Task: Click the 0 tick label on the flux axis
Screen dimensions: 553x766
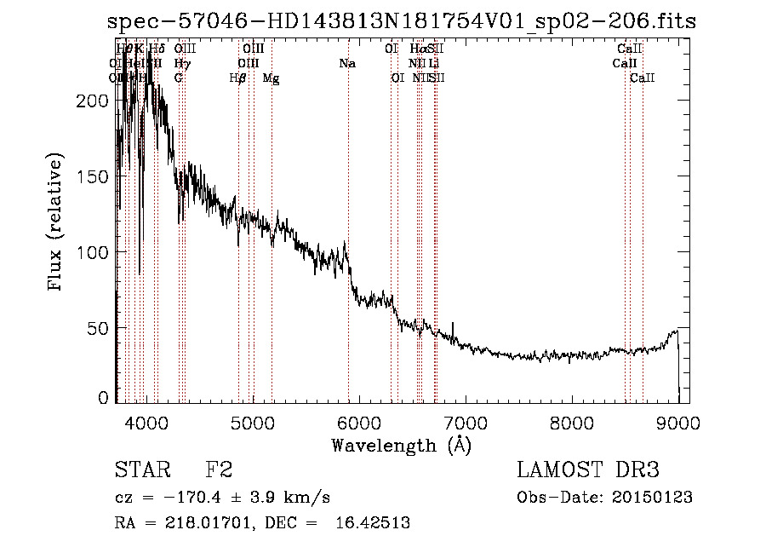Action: coord(103,397)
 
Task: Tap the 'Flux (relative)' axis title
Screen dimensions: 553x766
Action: coord(56,222)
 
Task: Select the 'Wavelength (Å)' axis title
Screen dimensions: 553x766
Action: coord(401,445)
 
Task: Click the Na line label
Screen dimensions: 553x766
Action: coord(347,64)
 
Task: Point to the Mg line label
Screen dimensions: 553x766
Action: coord(271,78)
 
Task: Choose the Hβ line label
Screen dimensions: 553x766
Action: coord(237,78)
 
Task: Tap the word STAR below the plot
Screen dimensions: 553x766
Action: coord(141,470)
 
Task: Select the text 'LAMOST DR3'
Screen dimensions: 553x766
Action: coord(588,470)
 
